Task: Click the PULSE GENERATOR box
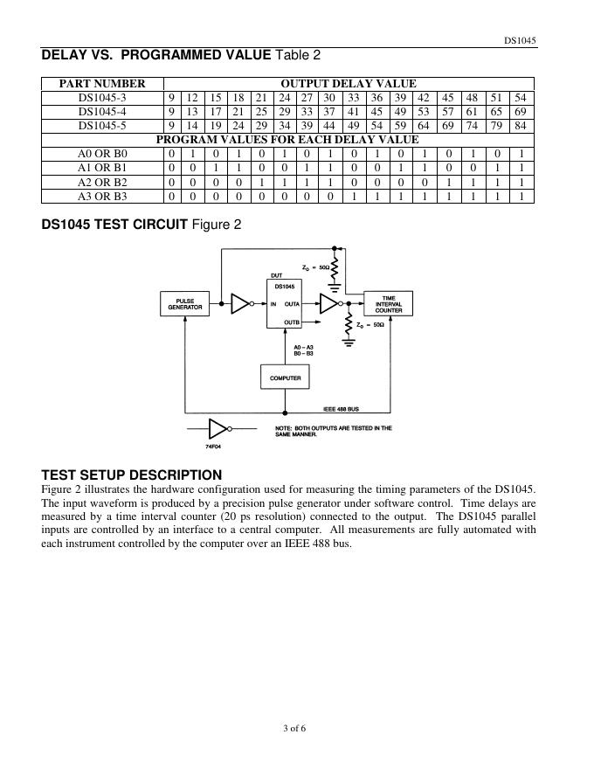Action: coord(185,303)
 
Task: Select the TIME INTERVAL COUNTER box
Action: coord(389,303)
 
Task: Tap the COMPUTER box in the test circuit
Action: coord(285,378)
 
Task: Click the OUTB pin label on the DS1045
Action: coord(292,322)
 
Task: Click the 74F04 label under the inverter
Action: coord(214,447)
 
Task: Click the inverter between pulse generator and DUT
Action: coord(240,303)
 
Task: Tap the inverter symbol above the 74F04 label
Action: coord(217,429)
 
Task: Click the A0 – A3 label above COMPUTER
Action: coord(303,347)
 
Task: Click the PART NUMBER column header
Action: coord(102,84)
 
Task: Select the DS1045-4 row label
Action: coord(102,112)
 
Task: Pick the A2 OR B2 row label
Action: coord(102,182)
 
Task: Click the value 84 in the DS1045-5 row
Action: coord(521,126)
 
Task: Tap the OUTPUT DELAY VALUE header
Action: coord(348,84)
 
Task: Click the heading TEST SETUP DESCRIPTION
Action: coord(132,475)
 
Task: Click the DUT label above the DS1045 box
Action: coord(276,276)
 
